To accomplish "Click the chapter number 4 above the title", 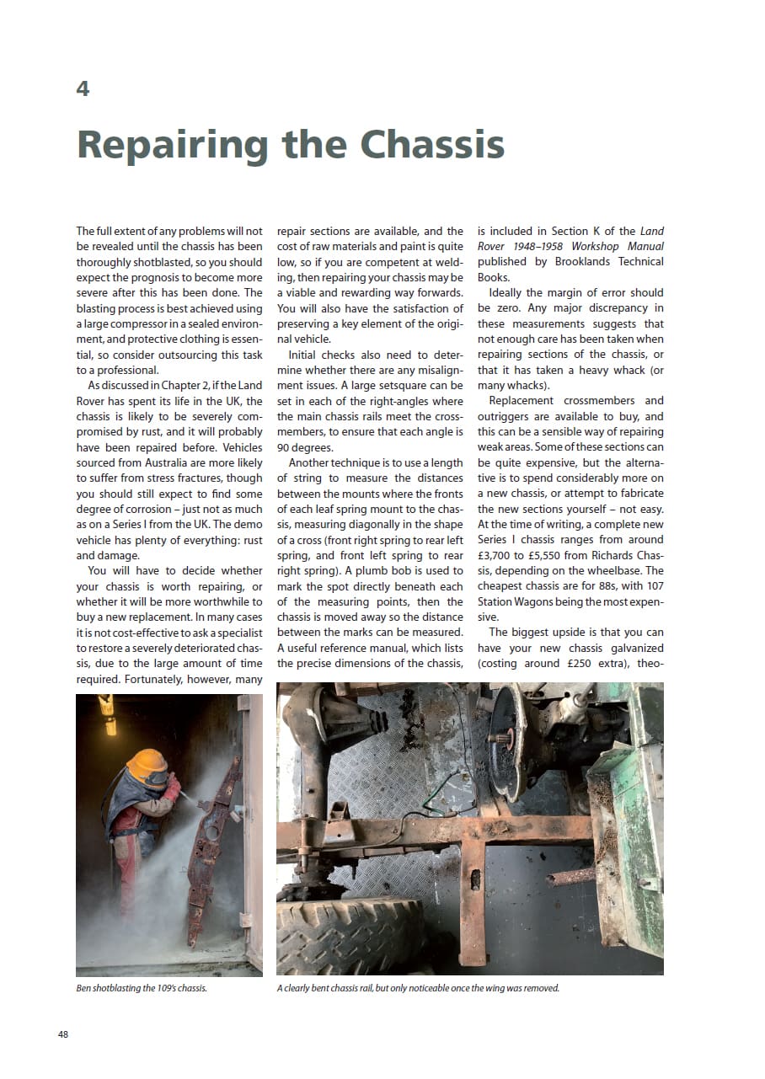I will point(83,88).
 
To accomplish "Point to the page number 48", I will point(63,1034).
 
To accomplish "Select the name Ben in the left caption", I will point(83,988).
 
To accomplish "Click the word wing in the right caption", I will point(497,988).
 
